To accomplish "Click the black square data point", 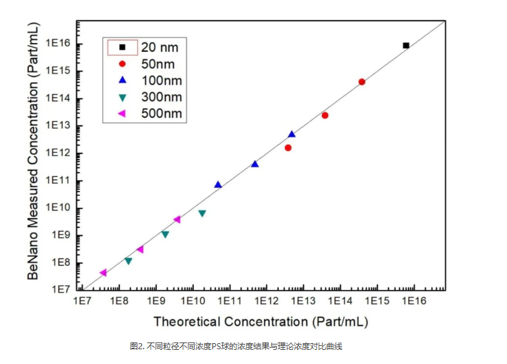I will point(406,46).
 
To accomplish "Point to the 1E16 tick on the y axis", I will point(58,44).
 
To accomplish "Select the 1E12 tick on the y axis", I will point(58,153).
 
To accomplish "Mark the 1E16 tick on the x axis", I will point(413,300).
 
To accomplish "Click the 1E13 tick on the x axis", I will point(302,300).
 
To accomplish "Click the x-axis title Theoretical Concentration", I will point(261,322).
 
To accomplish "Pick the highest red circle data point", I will point(362,82).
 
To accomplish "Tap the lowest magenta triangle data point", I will point(103,272).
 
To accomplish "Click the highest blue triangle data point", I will point(292,135).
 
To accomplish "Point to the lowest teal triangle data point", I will point(128,261).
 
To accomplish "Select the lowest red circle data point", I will point(288,147).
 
